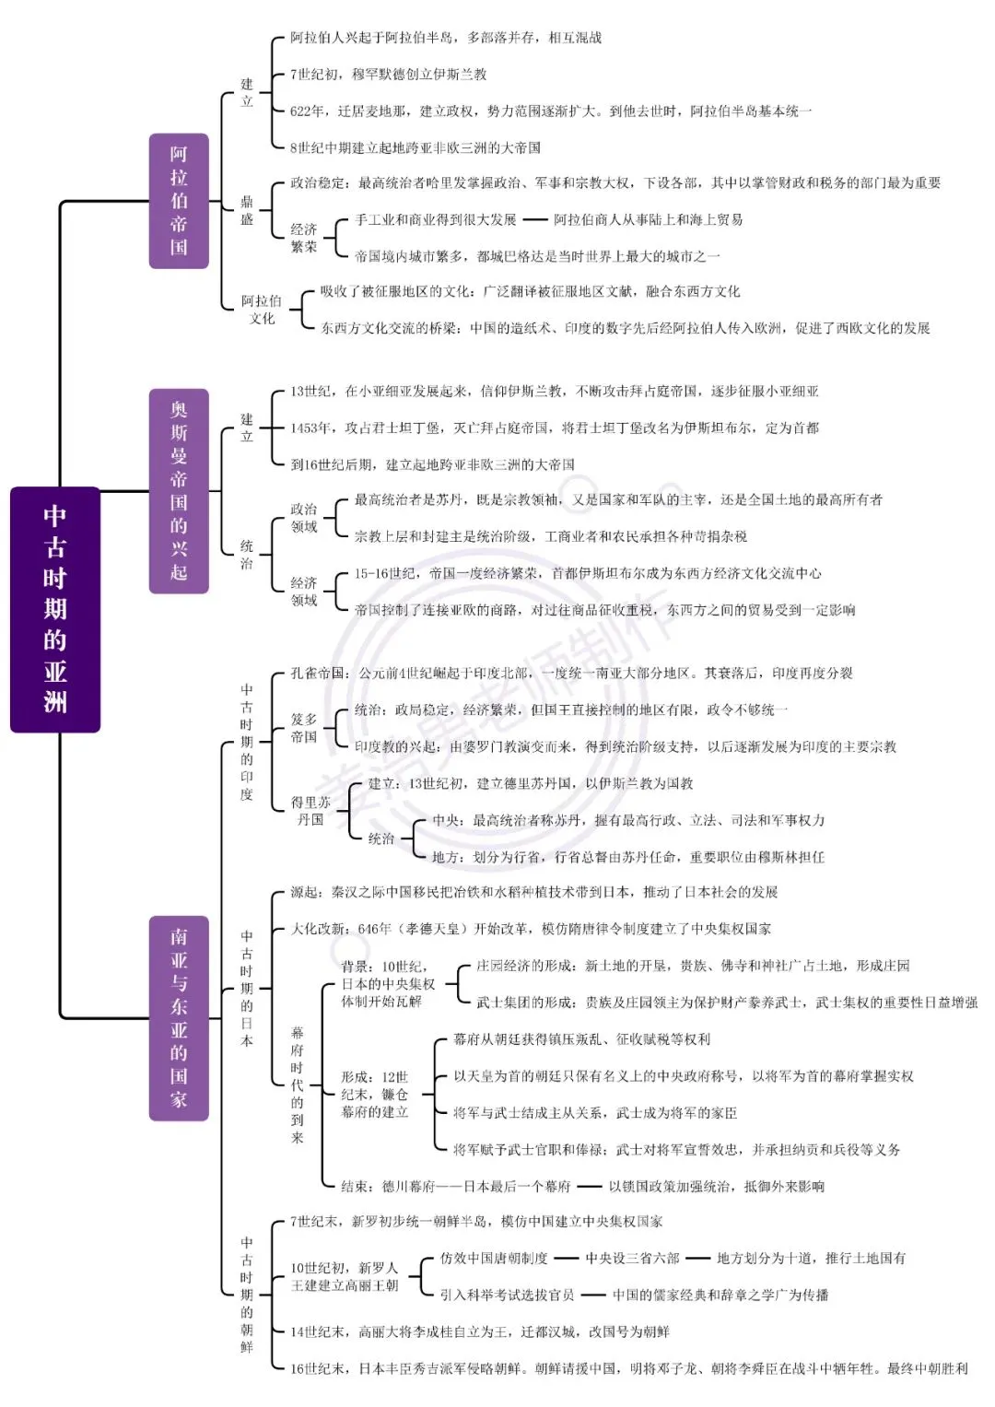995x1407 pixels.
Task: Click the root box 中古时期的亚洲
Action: tap(55, 609)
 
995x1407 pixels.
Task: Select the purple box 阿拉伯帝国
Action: tap(179, 201)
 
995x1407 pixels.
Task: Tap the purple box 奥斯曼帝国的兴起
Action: tap(179, 491)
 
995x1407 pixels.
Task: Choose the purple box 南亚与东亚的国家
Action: tap(179, 1018)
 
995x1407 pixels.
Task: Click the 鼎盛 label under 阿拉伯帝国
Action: tap(247, 210)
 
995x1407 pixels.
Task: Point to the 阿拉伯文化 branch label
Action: tap(262, 310)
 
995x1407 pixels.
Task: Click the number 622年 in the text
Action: tap(307, 111)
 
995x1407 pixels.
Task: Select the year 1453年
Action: tap(310, 428)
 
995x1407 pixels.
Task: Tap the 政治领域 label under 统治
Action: tap(304, 518)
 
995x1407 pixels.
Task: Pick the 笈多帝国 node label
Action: tap(304, 728)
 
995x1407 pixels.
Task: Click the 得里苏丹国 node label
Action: tap(310, 811)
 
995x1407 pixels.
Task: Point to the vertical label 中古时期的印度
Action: tap(247, 742)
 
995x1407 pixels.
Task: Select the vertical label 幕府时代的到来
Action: tap(298, 1085)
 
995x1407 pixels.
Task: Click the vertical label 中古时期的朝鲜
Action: tap(247, 1295)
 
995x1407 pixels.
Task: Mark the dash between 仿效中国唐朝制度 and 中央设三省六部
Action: tap(566, 1258)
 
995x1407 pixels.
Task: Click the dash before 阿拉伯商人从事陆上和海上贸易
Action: tap(535, 220)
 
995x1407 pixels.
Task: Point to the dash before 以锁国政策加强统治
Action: tap(590, 1187)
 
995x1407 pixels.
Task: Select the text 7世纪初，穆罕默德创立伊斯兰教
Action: tap(388, 74)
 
